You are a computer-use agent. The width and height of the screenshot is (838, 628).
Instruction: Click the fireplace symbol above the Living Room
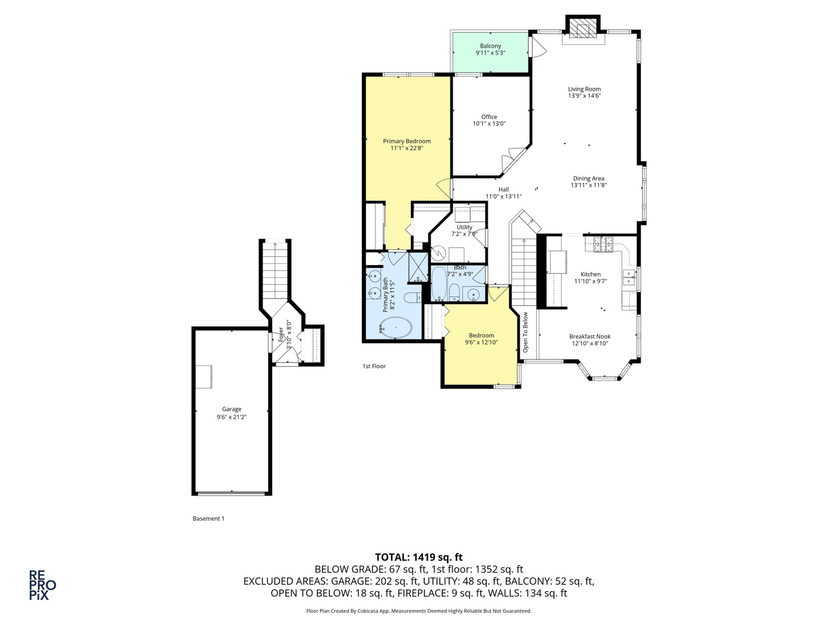583,28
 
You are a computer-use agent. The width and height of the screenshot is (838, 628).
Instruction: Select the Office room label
489,117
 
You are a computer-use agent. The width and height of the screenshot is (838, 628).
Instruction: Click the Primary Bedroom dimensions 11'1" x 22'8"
407,148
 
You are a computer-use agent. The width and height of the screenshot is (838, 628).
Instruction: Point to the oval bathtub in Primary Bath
397,329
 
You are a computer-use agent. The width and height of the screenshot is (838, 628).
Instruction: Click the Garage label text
232,409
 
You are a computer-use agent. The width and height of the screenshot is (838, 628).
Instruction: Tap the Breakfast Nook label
590,336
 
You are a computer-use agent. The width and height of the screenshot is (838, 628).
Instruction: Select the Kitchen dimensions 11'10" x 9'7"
591,281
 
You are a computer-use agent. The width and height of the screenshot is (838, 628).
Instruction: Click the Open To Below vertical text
525,333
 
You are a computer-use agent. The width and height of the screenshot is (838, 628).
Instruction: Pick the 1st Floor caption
374,366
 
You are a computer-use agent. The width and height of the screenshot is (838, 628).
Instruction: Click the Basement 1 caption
208,519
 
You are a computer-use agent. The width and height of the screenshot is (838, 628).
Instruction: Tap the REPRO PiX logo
42,585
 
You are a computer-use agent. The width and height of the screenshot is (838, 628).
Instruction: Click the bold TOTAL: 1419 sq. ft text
419,557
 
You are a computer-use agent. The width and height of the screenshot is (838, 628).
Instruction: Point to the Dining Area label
588,179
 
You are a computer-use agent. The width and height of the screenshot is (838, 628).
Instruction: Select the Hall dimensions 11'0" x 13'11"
503,197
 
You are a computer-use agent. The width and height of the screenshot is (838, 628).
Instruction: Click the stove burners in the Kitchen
604,244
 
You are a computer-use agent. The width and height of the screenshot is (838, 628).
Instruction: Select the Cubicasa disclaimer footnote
419,611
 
